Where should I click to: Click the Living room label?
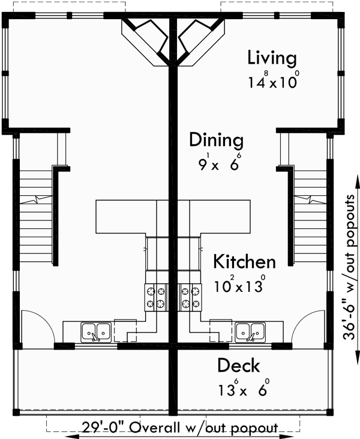[272, 58]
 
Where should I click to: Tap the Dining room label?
[217, 141]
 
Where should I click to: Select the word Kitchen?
[245, 262]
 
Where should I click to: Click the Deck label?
[238, 365]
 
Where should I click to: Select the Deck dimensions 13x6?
[243, 388]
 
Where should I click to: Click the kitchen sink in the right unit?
[250, 330]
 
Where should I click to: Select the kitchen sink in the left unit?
[95, 330]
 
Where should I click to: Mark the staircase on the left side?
[34, 216]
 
